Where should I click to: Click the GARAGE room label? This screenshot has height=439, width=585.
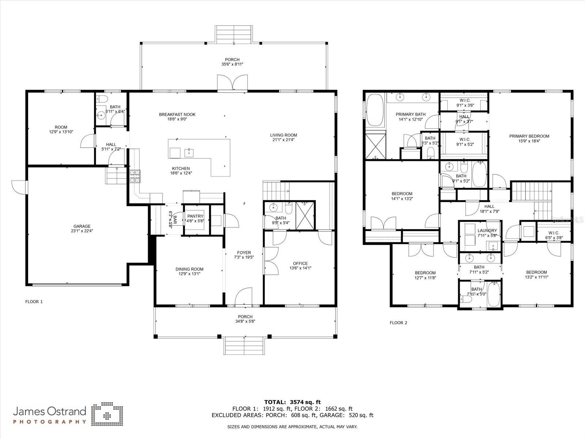[x=82, y=226]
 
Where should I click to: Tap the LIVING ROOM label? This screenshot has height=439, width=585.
[x=283, y=135]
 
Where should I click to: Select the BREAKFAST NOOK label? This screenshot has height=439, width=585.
[x=177, y=115]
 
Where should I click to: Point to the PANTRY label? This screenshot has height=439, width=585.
[x=195, y=216]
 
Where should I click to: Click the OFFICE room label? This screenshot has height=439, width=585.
[x=301, y=263]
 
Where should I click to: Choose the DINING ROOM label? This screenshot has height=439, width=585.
[x=189, y=269]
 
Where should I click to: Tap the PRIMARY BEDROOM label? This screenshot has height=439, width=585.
[x=529, y=136]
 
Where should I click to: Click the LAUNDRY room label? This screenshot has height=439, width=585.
[x=487, y=230]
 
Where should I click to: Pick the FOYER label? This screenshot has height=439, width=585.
[x=244, y=253]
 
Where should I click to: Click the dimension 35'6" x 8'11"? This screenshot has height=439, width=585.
[x=232, y=64]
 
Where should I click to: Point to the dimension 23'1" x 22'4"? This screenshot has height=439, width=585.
[x=82, y=231]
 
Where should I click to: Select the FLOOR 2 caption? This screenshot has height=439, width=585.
[x=399, y=323]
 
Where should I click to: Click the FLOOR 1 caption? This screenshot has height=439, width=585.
[x=34, y=302]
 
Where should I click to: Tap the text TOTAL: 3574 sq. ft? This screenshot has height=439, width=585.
[x=292, y=402]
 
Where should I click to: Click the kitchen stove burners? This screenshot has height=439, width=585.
[x=135, y=176]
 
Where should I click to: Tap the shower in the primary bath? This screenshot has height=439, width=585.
[x=375, y=146]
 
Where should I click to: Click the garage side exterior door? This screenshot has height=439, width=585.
[x=19, y=187]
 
